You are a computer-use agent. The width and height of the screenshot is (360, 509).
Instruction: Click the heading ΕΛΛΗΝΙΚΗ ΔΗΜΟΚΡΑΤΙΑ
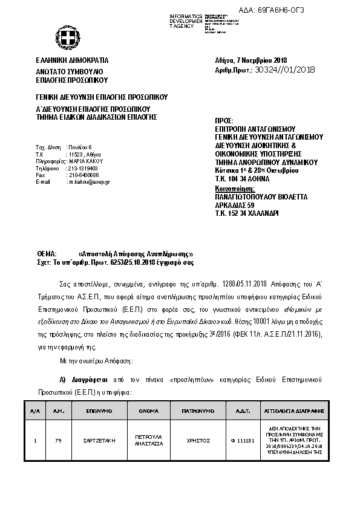pyautogui.click(x=72, y=60)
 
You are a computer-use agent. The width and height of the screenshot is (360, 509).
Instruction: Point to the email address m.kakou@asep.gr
pyautogui.click(x=90, y=181)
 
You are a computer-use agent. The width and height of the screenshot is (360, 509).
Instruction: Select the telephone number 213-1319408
pyautogui.click(x=83, y=168)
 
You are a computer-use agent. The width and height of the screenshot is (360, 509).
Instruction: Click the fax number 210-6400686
pyautogui.click(x=83, y=175)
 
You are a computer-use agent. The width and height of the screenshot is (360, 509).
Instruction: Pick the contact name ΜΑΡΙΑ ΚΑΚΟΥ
pyautogui.click(x=87, y=161)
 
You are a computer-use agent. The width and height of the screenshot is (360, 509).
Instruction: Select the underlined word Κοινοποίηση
pyautogui.click(x=234, y=189)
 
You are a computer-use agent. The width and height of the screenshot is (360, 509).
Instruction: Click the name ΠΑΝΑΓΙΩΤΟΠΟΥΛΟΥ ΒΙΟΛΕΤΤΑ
pyautogui.click(x=261, y=197)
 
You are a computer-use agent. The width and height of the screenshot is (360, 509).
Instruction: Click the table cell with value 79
pyautogui.click(x=59, y=441)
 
